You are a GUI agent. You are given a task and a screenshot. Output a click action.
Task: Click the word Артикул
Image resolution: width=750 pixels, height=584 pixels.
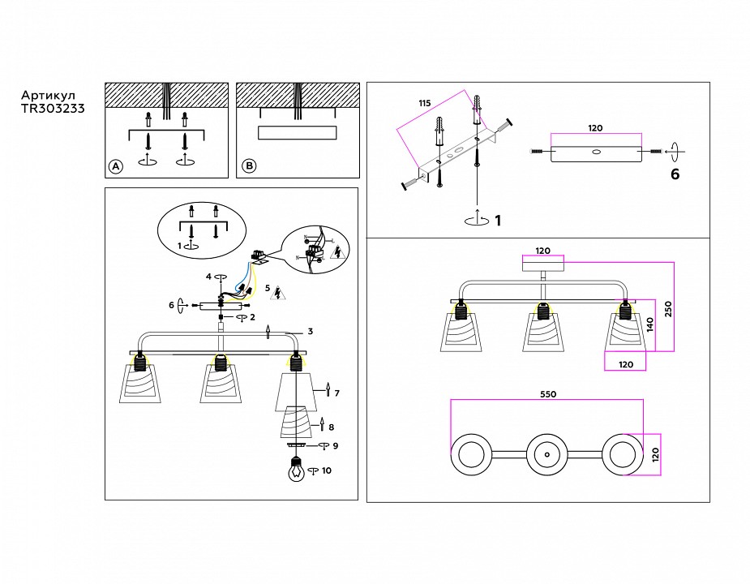(x=47, y=93)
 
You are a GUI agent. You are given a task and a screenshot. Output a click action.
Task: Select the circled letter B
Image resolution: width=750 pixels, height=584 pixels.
(x=249, y=166)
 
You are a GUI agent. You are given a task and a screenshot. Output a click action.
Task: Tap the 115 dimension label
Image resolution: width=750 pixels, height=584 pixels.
(x=424, y=104)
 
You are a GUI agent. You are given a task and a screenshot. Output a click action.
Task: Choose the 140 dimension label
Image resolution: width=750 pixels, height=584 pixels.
(x=650, y=324)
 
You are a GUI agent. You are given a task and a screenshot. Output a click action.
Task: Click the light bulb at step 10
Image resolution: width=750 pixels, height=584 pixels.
(x=297, y=470)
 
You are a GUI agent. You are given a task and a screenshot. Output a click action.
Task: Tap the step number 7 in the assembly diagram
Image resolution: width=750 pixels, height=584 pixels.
(x=336, y=393)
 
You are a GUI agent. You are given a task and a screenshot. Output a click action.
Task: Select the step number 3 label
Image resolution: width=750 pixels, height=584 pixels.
(x=310, y=331)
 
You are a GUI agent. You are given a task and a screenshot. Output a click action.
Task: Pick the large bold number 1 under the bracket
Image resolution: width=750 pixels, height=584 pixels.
(x=498, y=220)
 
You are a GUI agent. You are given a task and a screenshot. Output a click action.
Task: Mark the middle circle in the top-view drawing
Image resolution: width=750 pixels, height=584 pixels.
(x=546, y=453)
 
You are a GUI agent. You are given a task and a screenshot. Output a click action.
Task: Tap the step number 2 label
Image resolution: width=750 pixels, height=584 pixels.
(x=252, y=318)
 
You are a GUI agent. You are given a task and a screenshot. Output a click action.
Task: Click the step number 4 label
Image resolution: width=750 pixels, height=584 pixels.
(x=208, y=277)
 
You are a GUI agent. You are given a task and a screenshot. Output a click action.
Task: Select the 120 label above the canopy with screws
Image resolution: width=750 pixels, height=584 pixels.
(x=595, y=129)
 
